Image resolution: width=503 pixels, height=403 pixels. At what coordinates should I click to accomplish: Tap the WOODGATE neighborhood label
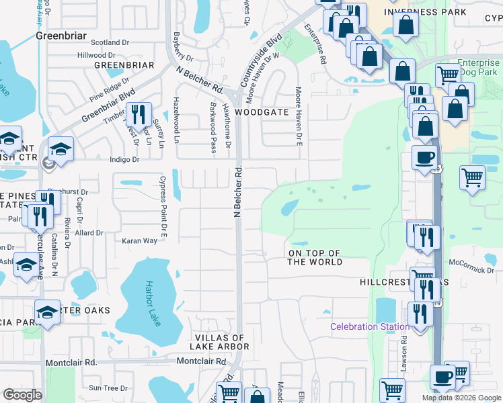click(262, 112)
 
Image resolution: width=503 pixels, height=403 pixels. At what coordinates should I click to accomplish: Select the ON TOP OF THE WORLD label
click(315, 257)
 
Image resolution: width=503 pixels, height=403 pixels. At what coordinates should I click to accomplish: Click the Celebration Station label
click(369, 327)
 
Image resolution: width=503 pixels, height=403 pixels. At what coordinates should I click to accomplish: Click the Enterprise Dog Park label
click(478, 66)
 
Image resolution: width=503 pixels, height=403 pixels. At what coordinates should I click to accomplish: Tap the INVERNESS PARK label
click(425, 12)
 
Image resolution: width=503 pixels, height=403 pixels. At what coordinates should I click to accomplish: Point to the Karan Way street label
click(139, 240)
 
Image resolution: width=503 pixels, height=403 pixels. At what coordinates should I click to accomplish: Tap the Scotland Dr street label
click(110, 42)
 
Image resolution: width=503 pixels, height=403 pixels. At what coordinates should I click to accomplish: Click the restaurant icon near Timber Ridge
click(139, 115)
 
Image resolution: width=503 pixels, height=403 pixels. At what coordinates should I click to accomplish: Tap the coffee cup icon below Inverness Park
click(424, 158)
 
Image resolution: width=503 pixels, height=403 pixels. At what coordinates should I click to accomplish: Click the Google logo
click(22, 395)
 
